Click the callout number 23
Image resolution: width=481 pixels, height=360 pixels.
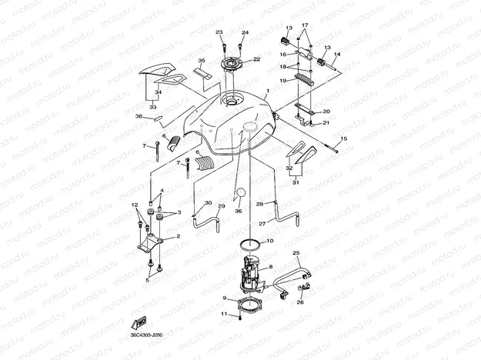tap(219, 32)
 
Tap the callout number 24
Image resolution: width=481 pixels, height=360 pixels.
tap(246, 32)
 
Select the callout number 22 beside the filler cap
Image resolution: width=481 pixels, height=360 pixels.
tap(257, 58)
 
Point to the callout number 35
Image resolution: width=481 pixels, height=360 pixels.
tap(202, 60)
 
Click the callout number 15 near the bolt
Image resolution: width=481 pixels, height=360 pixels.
tap(343, 138)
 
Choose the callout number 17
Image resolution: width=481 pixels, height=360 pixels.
tap(305, 25)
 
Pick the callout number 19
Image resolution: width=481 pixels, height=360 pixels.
tap(282, 80)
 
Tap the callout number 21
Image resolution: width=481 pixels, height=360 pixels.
tap(326, 122)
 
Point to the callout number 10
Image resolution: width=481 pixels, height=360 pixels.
tap(269, 242)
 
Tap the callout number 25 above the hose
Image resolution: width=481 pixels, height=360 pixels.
tap(296, 253)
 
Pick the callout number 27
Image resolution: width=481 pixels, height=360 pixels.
tap(262, 223)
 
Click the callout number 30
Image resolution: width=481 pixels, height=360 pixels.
tap(208, 203)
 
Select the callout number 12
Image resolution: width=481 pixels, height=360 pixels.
tap(135, 205)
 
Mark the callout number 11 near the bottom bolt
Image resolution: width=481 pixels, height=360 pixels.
tap(218, 314)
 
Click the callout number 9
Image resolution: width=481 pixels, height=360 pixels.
tap(224, 298)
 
